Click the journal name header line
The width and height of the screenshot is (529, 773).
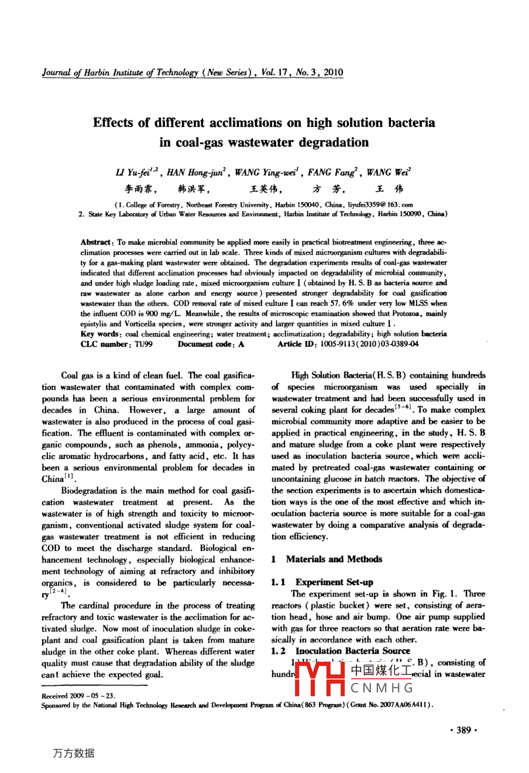(x=193, y=73)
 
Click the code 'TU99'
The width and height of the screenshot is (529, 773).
(x=143, y=344)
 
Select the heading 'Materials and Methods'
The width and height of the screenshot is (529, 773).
(x=334, y=559)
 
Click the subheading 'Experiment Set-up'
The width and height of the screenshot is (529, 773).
(x=334, y=582)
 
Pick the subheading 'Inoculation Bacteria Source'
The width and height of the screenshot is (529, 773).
(x=352, y=651)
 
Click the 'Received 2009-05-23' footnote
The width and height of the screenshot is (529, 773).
(x=78, y=696)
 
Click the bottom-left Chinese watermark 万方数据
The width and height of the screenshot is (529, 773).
(x=73, y=753)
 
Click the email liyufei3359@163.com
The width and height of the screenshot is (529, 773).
(x=383, y=205)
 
